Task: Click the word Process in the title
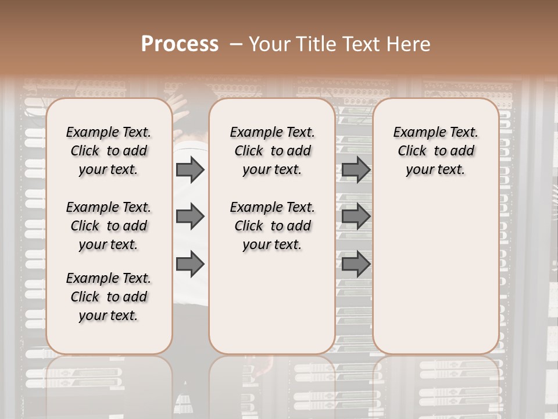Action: click(180, 44)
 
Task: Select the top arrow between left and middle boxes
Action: click(189, 169)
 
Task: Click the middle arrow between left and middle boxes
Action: click(189, 217)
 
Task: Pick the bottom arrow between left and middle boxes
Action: click(189, 264)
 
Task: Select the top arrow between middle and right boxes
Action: click(356, 169)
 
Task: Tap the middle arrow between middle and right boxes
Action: click(356, 217)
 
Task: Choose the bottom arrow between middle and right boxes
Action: click(356, 264)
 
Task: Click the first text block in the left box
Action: click(108, 151)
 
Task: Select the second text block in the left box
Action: click(108, 226)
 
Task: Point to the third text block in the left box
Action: click(108, 297)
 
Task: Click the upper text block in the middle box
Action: click(272, 151)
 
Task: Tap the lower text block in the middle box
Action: click(272, 226)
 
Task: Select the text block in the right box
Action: click(435, 151)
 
